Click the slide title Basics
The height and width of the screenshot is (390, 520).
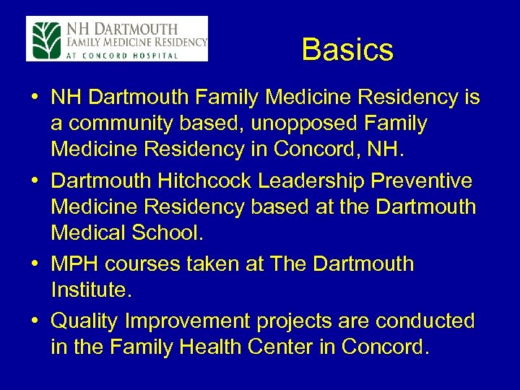pyautogui.click(x=347, y=50)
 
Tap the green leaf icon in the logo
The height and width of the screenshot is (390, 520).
pyautogui.click(x=45, y=39)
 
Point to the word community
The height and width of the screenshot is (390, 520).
pyautogui.click(x=124, y=124)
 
